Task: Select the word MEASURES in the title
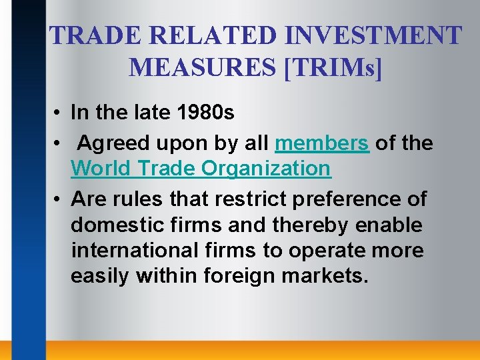tap(203, 67)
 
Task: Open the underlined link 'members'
tap(322, 143)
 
